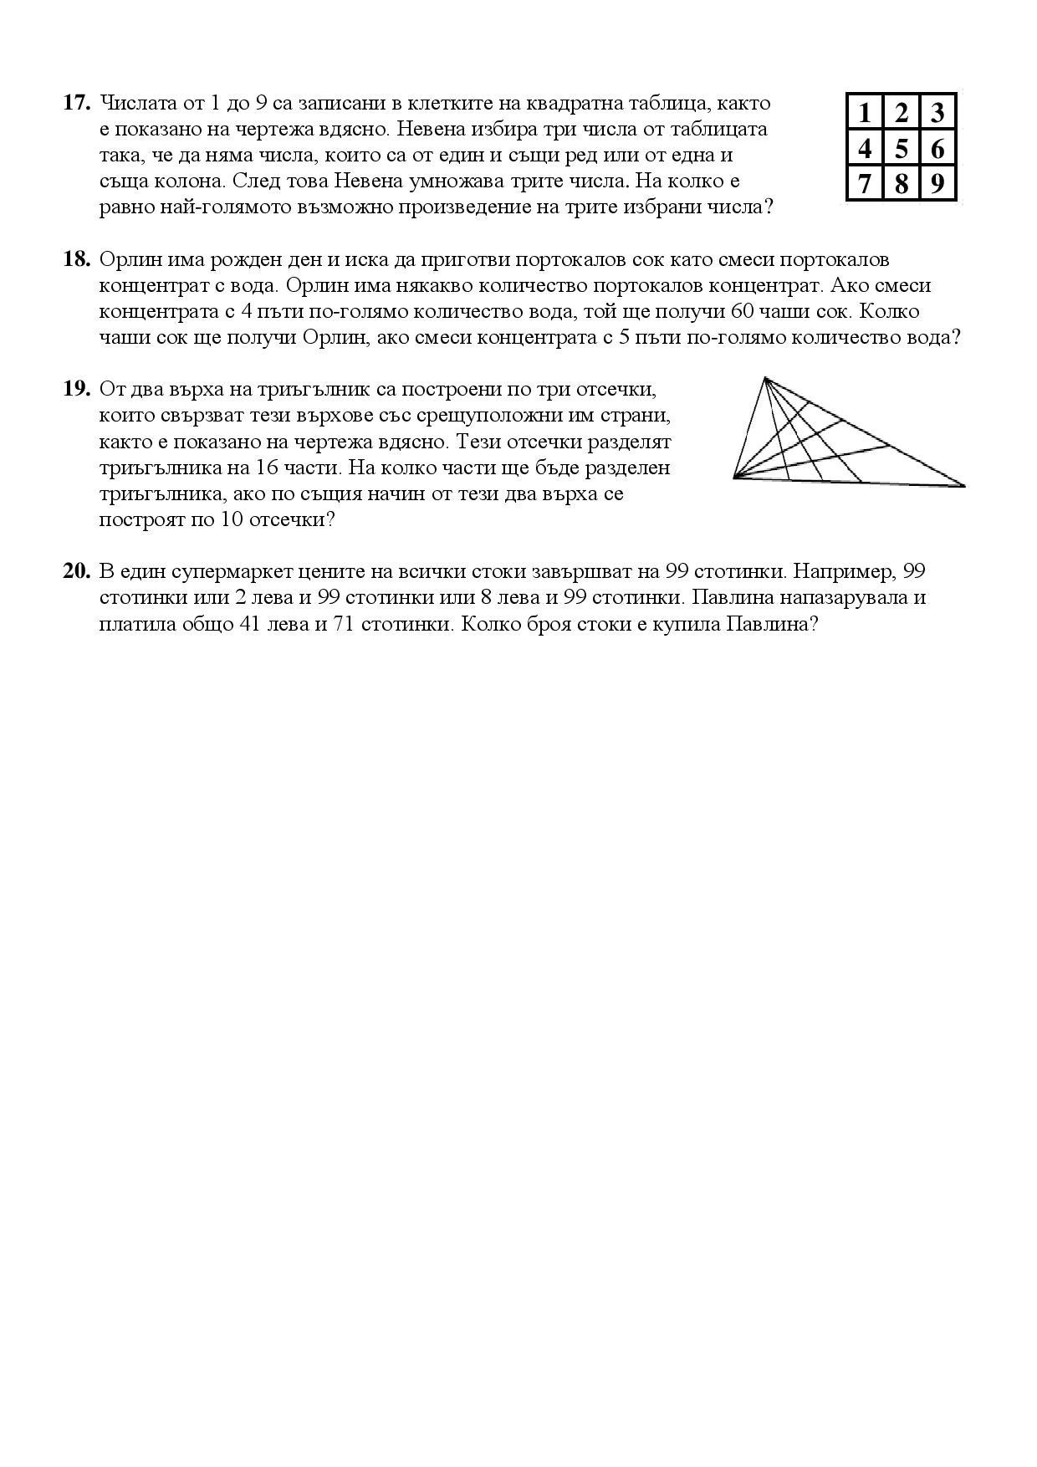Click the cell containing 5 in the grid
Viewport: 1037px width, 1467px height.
click(901, 149)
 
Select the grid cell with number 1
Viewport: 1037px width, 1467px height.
click(865, 112)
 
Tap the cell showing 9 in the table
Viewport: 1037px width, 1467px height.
click(937, 183)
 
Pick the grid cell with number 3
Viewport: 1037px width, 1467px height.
click(937, 112)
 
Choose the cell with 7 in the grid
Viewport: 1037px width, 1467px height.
click(865, 183)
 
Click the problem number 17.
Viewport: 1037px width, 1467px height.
click(76, 103)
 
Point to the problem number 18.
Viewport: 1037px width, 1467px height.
click(76, 259)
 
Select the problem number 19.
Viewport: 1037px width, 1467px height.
click(76, 389)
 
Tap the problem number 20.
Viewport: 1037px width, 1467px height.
click(76, 572)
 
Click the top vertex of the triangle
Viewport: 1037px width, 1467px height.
click(764, 379)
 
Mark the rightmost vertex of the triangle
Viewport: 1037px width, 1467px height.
click(964, 485)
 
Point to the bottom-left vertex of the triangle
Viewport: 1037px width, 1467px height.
click(734, 478)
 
